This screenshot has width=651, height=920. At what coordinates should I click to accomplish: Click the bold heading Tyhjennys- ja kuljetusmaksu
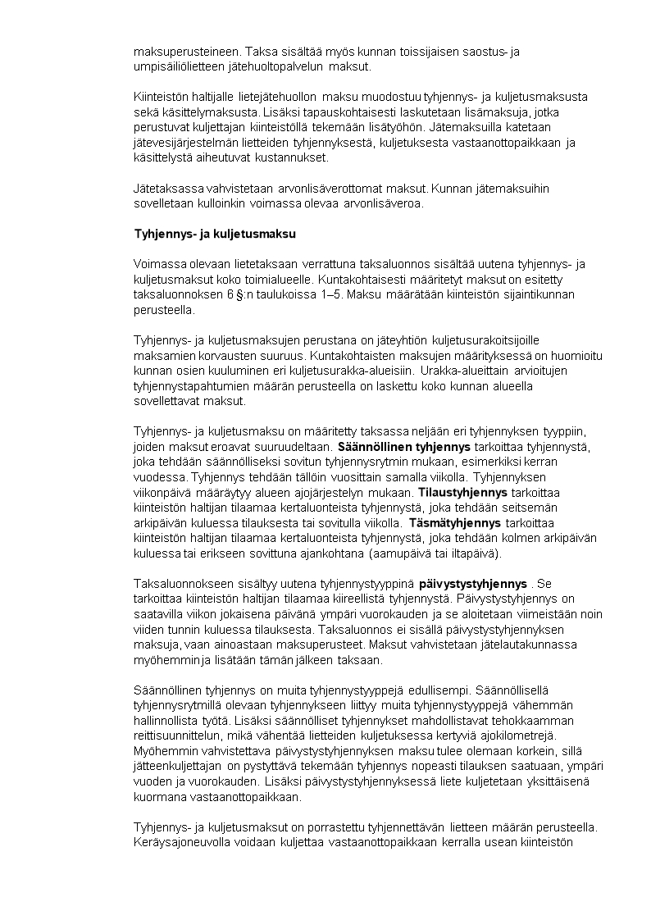click(x=215, y=234)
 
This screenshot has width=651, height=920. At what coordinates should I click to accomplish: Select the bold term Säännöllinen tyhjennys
click(x=404, y=447)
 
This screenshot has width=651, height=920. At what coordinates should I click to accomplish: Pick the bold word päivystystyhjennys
click(x=472, y=584)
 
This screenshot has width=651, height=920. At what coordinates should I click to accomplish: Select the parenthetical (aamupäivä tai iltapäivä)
click(x=437, y=553)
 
